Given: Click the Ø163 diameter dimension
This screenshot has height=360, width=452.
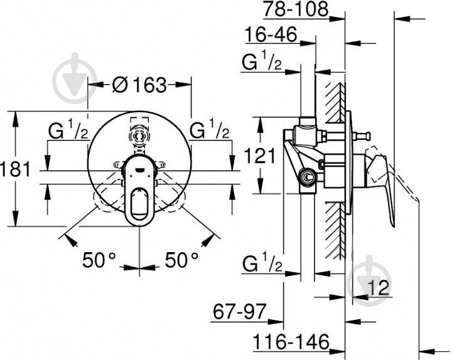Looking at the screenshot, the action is (x=139, y=85).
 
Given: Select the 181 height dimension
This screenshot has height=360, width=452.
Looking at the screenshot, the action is (x=15, y=169).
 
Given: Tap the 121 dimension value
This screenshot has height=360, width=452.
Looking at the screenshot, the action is (x=260, y=156).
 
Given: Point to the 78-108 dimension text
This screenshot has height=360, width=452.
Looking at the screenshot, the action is (x=296, y=9).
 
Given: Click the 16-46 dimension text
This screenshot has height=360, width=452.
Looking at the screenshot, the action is (x=271, y=34).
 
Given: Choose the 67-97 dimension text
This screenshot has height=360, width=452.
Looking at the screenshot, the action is (x=239, y=312).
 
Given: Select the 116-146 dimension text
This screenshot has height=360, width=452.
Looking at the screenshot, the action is (x=291, y=342).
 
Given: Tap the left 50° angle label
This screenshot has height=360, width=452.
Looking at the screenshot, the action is (x=99, y=260).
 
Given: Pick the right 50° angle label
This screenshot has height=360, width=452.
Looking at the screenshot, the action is (x=181, y=260).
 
